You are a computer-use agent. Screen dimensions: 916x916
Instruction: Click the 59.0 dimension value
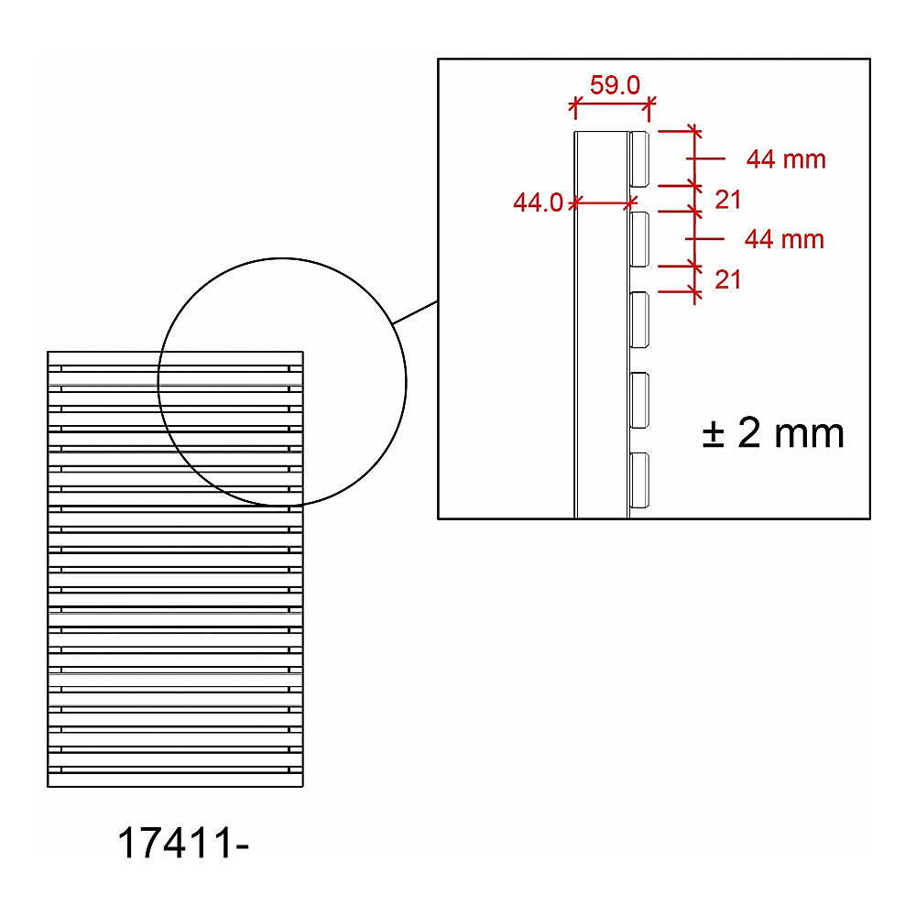[x=615, y=85]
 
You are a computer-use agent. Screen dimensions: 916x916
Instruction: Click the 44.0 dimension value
[x=538, y=202]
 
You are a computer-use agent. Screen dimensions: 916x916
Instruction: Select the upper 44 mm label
[x=786, y=158]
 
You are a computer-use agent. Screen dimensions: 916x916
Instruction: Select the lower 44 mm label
[x=784, y=239]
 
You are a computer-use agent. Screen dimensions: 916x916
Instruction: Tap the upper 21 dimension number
[x=728, y=200]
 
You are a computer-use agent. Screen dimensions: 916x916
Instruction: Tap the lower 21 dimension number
[x=728, y=279]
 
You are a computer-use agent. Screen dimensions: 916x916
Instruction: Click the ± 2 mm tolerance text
[x=773, y=433]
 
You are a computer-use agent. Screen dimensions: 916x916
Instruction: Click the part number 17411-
[x=183, y=843]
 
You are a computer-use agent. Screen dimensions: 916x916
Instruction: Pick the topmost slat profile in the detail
[x=639, y=158]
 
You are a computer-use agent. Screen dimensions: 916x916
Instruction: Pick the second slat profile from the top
[x=639, y=239]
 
